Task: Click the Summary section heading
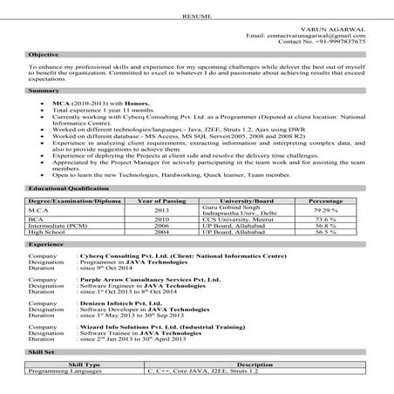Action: [43, 91]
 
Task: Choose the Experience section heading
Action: [46, 246]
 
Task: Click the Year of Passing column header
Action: [160, 200]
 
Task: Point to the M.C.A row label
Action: [40, 210]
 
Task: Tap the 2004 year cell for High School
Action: [161, 233]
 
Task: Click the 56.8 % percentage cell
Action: [326, 227]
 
